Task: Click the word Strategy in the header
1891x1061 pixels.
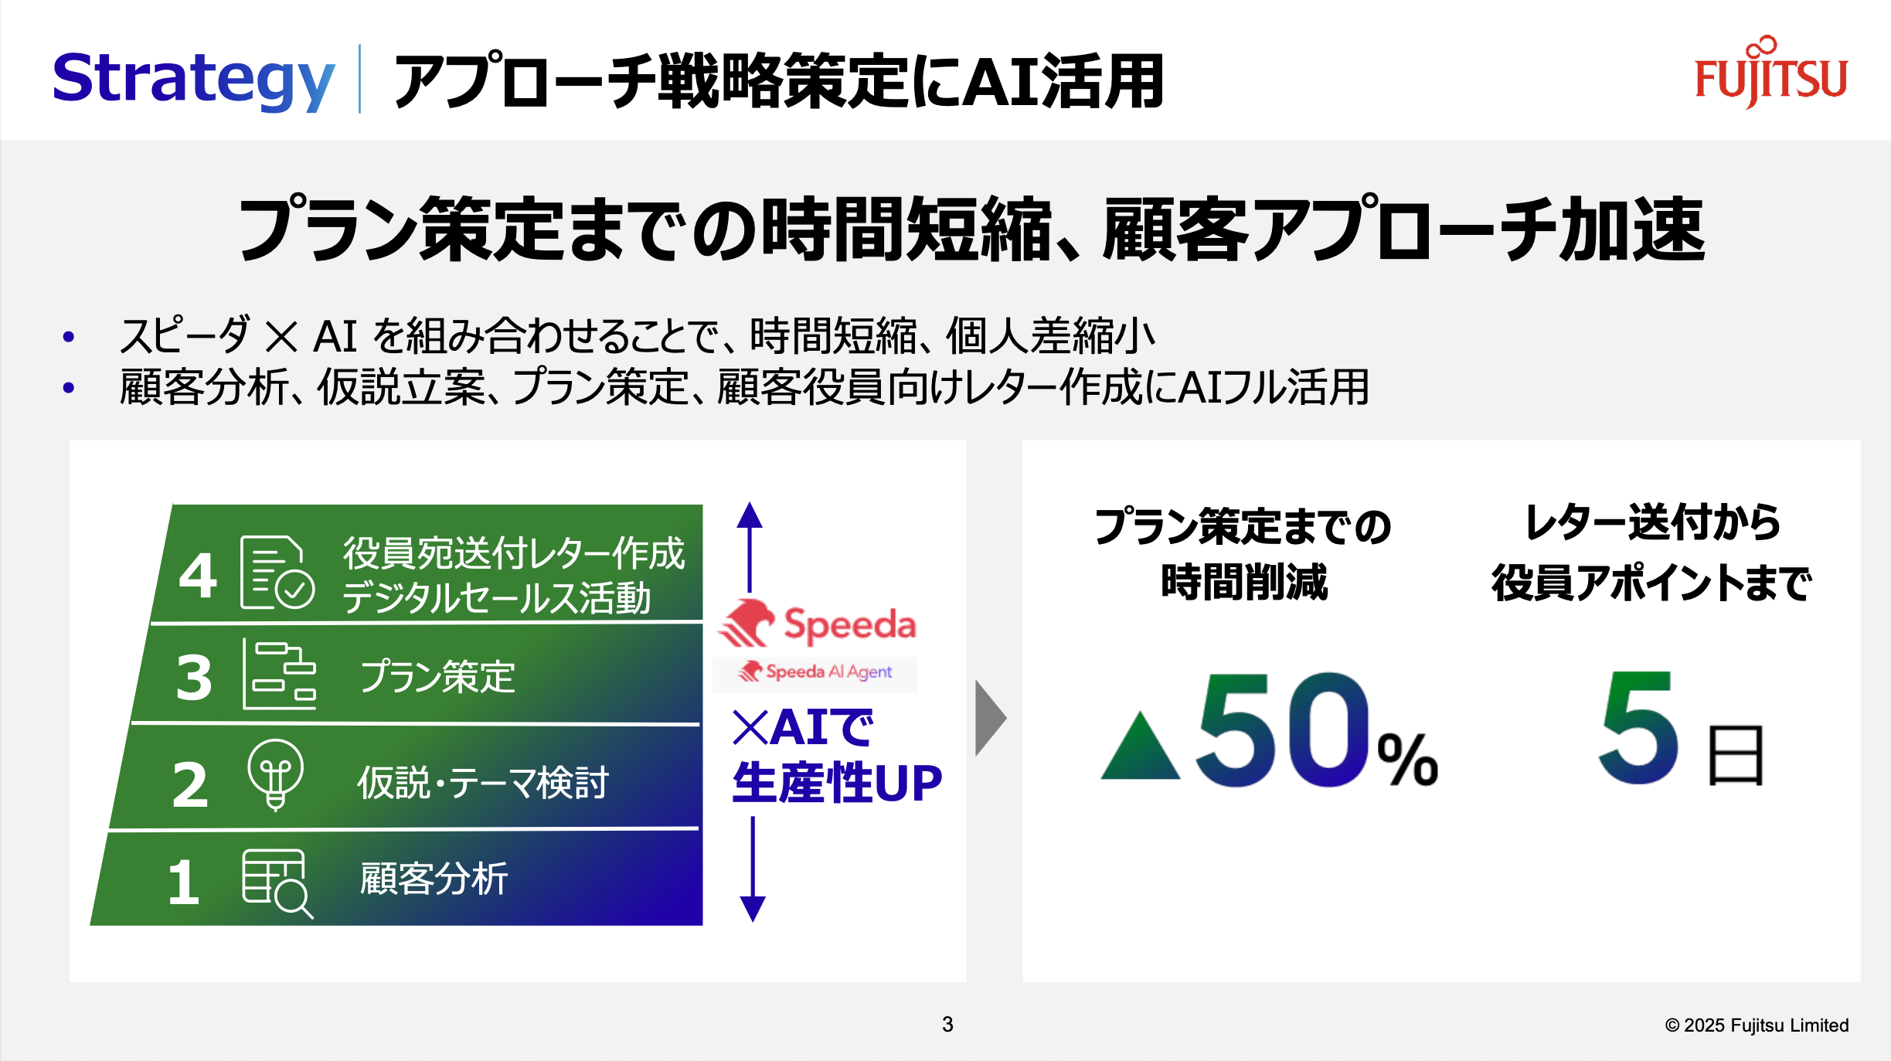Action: tap(193, 79)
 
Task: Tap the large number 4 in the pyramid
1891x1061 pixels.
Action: tap(198, 576)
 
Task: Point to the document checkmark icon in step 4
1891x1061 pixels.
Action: tap(277, 573)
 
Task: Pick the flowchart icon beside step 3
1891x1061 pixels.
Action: tap(279, 675)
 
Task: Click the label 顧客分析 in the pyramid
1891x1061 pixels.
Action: tap(434, 879)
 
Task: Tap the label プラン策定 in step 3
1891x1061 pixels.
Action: tap(437, 677)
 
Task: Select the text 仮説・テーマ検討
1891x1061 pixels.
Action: tap(483, 782)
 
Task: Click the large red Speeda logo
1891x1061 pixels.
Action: tap(818, 624)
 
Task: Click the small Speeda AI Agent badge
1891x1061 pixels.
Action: tap(815, 672)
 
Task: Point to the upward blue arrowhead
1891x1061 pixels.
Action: tap(750, 515)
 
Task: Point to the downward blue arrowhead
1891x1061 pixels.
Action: tap(753, 907)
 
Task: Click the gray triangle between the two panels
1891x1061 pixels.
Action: tap(989, 718)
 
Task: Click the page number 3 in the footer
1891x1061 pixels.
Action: tap(947, 1025)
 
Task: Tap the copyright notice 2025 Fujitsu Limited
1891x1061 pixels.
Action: tap(1757, 1025)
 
